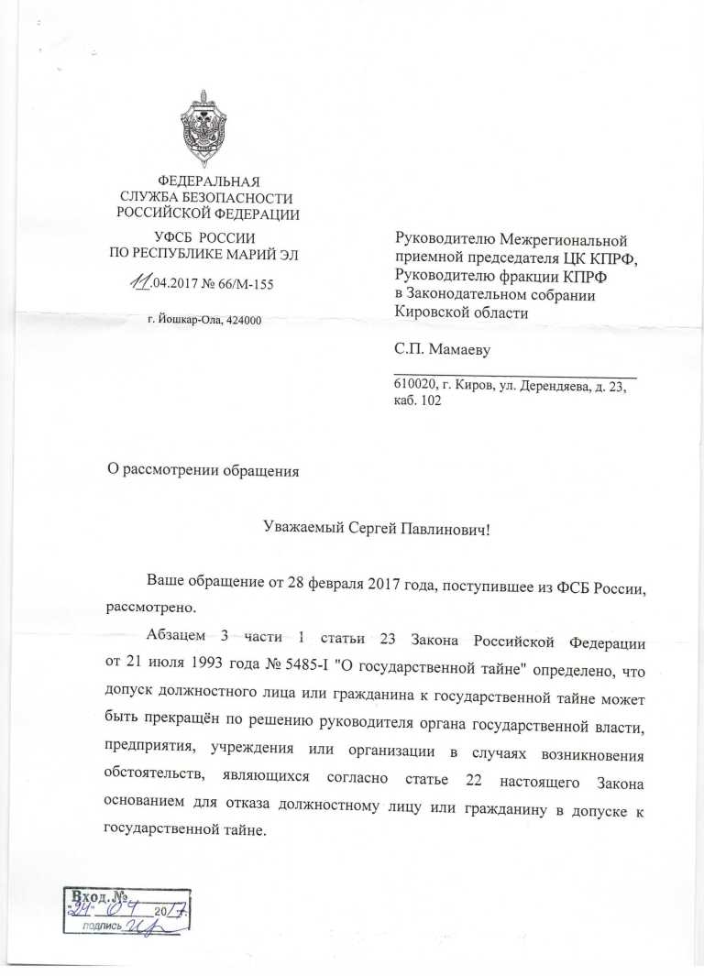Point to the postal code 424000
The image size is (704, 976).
tap(243, 320)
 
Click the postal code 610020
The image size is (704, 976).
tap(413, 388)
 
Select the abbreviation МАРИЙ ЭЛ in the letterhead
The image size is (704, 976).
tap(268, 253)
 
